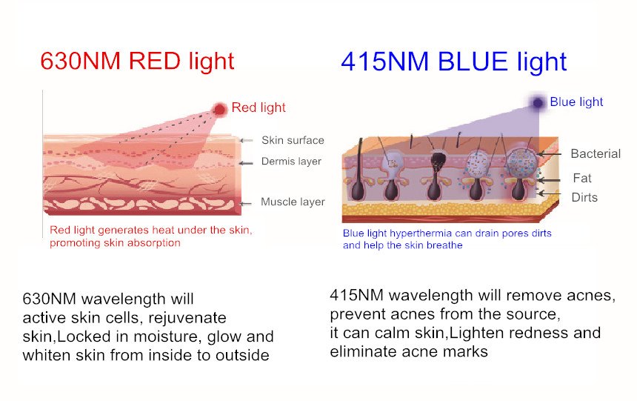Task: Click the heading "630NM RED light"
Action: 137,61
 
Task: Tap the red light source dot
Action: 220,110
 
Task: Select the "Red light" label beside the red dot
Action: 259,108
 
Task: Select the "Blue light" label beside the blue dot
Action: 576,102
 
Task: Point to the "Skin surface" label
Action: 293,140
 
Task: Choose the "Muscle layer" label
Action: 293,202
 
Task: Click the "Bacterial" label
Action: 596,154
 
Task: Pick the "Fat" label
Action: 581,178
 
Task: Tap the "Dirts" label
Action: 584,197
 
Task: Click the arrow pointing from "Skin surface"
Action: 247,140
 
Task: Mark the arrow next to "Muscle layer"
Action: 247,202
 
